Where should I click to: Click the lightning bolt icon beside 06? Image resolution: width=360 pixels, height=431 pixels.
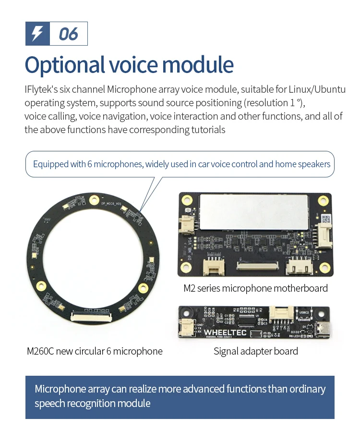coord(37,34)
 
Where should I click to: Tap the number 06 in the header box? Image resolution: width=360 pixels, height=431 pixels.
coord(68,34)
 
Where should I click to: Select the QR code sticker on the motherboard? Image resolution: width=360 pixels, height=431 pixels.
coord(326,219)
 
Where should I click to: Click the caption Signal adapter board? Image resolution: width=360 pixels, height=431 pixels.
coord(255,351)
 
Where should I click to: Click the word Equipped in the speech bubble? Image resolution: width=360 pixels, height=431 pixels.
coord(50,164)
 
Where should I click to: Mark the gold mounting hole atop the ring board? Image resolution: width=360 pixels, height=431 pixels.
coord(95,198)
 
